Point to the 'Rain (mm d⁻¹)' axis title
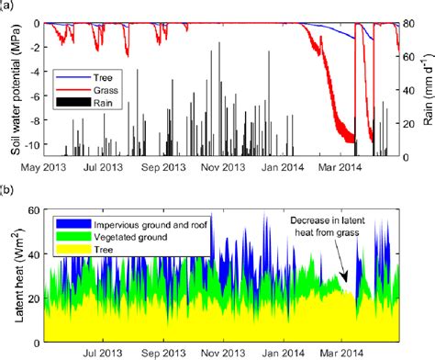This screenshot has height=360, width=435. tap(426, 75)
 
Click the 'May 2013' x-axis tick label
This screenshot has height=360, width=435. tap(45, 167)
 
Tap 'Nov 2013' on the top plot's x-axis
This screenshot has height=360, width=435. tap(223, 167)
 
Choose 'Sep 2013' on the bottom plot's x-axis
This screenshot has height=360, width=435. tap(163, 351)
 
